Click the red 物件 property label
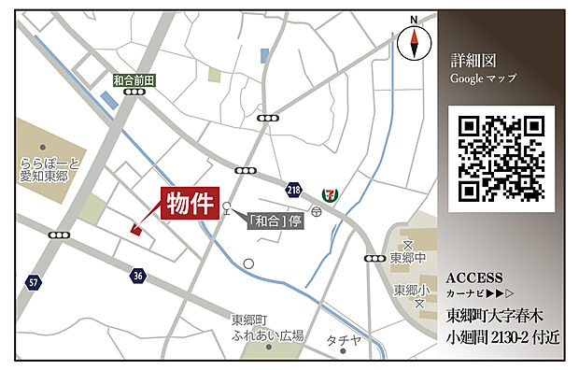pos(190,203)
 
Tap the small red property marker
pos(136,229)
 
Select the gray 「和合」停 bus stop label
pos(275,221)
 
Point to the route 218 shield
pos(295,190)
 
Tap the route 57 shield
pos(34,281)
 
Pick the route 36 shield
pos(138,275)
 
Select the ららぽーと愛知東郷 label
pos(49,169)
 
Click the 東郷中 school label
pos(409,258)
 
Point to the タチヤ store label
pos(344,340)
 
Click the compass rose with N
pos(412,42)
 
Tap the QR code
pos(501,157)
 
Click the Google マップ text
pos(484,80)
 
